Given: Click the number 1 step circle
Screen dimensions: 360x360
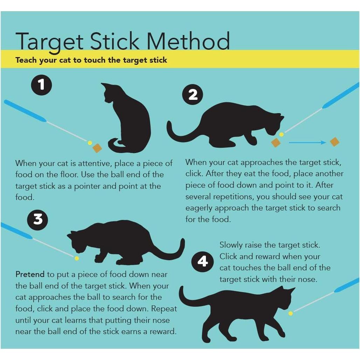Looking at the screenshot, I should (x=42, y=85).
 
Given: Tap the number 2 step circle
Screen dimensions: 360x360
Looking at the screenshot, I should (x=193, y=95).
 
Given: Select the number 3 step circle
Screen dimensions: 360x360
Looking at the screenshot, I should (x=38, y=219).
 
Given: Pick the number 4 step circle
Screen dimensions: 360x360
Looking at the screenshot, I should (x=202, y=262).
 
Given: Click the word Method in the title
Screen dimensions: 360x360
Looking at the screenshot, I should (x=188, y=41).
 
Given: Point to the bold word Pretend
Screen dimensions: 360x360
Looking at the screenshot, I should (x=30, y=274).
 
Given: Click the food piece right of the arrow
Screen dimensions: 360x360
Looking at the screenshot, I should (x=335, y=142).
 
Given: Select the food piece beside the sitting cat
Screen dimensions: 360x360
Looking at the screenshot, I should (x=97, y=148).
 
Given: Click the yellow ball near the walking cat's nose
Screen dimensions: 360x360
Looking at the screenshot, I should (x=290, y=313).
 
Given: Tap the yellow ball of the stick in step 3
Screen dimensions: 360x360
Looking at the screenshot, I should (x=77, y=258).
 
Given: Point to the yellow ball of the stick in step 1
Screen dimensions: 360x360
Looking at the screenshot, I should (x=90, y=143).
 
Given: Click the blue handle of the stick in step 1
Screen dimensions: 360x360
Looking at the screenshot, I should (x=25, y=111).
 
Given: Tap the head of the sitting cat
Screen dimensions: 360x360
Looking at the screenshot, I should (x=110, y=93).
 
